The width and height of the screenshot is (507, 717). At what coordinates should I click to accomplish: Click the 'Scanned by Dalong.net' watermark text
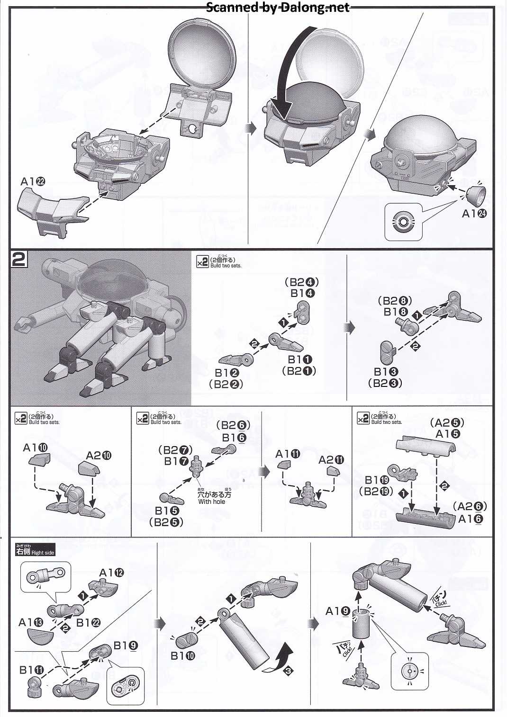click(x=278, y=7)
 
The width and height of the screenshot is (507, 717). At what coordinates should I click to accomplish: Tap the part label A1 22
click(x=33, y=182)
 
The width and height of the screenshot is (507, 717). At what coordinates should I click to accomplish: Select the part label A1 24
click(x=474, y=214)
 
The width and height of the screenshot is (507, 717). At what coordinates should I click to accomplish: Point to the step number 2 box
click(x=19, y=260)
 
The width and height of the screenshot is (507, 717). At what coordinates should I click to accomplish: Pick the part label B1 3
click(x=385, y=372)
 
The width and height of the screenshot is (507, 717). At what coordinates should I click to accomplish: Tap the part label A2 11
click(x=331, y=460)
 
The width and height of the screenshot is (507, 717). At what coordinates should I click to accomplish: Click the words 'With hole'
click(x=212, y=502)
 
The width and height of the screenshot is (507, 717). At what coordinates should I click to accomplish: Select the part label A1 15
click(x=447, y=434)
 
